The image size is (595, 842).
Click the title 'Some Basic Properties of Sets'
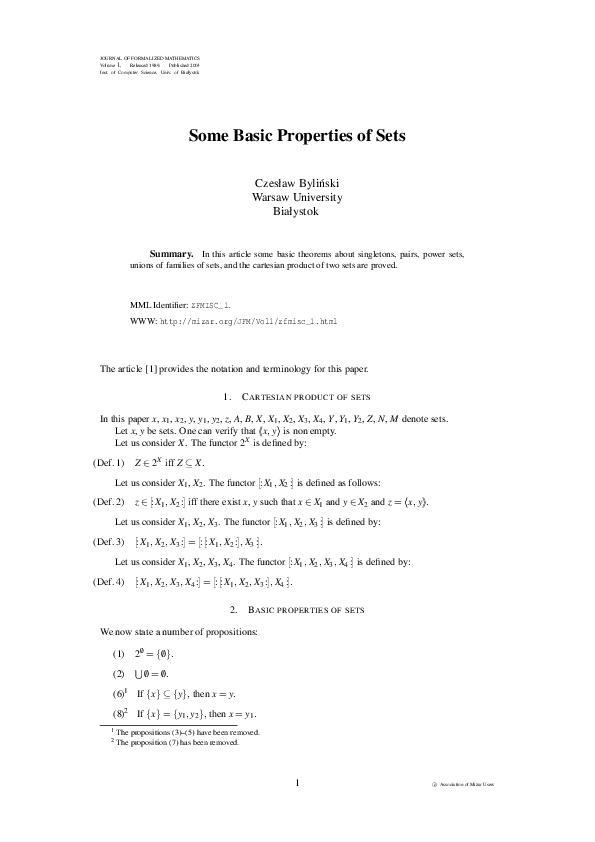pos(297,137)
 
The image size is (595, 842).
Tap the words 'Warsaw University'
pos(297,197)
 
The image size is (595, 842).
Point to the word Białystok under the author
pos(297,211)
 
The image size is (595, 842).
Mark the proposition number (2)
pos(119,673)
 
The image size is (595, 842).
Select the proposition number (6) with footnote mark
pos(120,693)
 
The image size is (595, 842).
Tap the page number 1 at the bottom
pos(297,783)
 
